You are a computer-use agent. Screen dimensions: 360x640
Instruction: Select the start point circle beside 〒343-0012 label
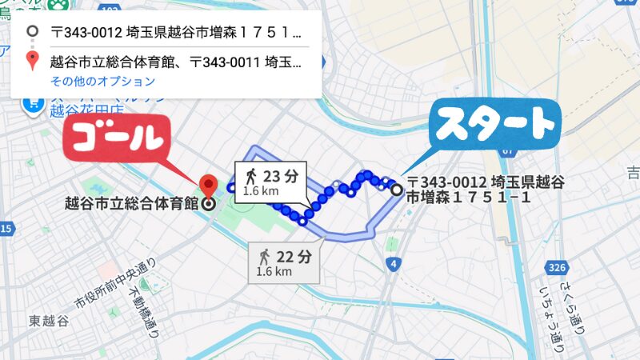tap(397, 190)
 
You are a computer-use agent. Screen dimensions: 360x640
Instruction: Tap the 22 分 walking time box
tap(284, 262)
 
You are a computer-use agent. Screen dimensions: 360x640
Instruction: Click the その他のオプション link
tap(102, 82)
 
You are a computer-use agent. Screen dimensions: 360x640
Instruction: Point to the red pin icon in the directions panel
tap(32, 61)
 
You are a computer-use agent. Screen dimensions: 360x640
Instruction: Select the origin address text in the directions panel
tap(176, 34)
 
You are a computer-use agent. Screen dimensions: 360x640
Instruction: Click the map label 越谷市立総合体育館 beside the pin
tap(131, 203)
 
